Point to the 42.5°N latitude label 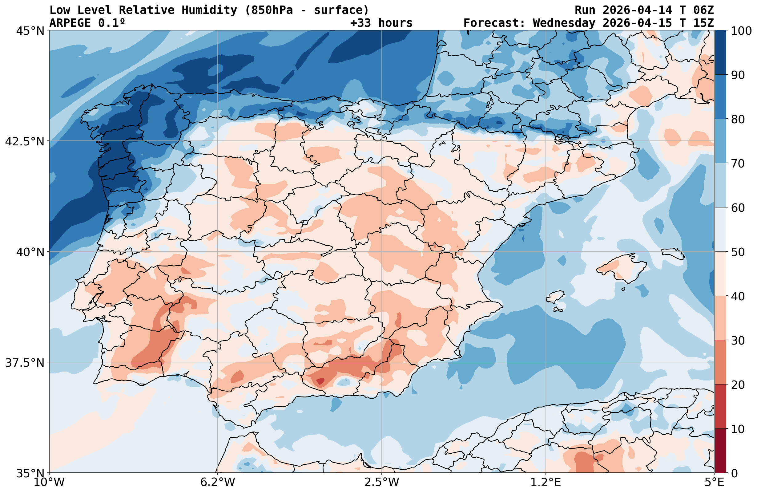(x=25, y=141)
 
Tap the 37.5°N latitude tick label (x=25, y=362)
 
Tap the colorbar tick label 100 (x=741, y=31)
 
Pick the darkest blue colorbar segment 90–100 (x=720, y=53)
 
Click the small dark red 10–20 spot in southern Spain (x=320, y=381)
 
